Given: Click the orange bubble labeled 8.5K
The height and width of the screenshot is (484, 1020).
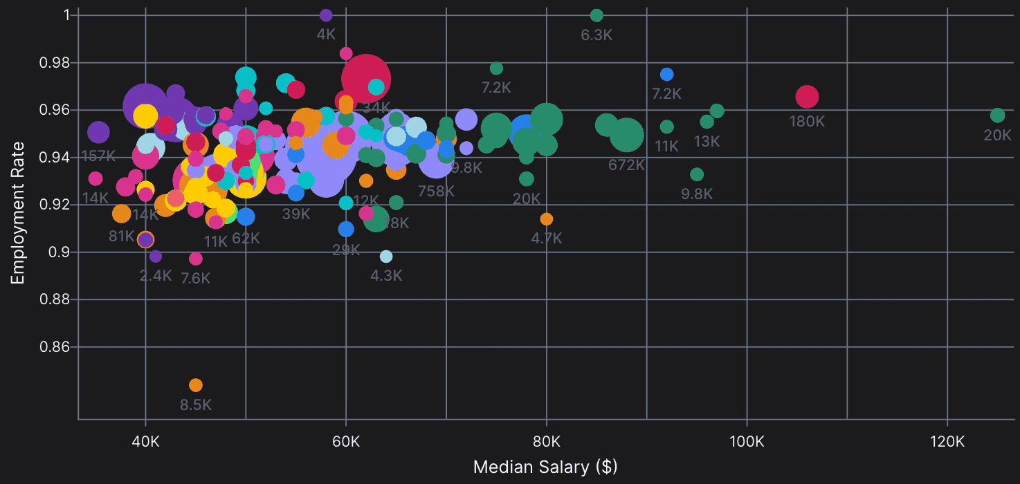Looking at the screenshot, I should coord(196,385).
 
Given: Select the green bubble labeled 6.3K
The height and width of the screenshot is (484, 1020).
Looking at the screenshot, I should coord(596,15).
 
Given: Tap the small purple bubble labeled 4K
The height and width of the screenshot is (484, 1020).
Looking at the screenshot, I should coord(326,15).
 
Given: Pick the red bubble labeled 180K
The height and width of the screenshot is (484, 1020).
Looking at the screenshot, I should coord(807,97).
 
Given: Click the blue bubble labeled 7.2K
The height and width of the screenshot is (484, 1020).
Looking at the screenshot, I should coord(666,74).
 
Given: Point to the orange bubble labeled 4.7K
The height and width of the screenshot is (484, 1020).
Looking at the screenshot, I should coord(547,219).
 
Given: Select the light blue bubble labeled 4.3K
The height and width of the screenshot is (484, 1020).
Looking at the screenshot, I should coord(386,257).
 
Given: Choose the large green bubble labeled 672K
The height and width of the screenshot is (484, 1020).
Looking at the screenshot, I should coord(627,135).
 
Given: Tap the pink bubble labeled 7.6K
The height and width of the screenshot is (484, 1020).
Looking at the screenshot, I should coord(196,259).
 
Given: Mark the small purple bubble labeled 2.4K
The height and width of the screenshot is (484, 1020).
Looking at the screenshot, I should coord(156,257).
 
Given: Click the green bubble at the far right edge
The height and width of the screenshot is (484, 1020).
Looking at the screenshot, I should coord(997,115).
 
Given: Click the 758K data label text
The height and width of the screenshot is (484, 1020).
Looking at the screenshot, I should coord(436,191).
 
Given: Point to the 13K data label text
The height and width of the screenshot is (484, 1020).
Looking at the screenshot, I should coord(707,142).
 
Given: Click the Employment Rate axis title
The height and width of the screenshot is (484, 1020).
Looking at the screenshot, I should coord(18,213).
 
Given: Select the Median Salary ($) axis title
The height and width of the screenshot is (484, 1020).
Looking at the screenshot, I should coord(545,467).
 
